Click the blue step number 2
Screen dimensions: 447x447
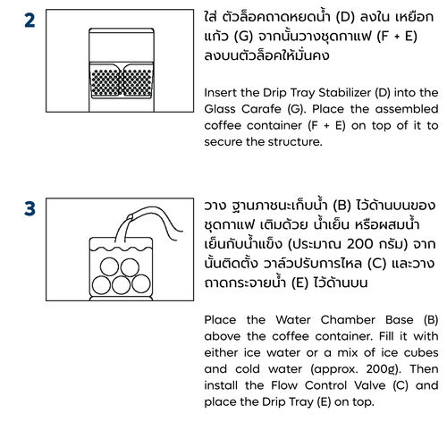[x=30, y=21]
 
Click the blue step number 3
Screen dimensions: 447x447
[x=30, y=208]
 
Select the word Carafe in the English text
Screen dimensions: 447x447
[x=261, y=109]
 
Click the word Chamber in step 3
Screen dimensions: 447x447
[x=348, y=320]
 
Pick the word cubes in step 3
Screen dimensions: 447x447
[x=421, y=353]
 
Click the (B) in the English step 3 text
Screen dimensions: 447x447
[x=431, y=320]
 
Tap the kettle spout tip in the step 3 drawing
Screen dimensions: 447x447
[x=130, y=217]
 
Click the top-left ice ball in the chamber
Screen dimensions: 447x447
[x=109, y=266]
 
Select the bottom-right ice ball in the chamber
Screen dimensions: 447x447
[x=141, y=283]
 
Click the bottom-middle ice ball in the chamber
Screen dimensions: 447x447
[x=121, y=285]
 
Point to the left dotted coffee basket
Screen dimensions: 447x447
[x=105, y=82]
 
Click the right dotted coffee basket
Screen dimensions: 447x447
[x=138, y=82]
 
